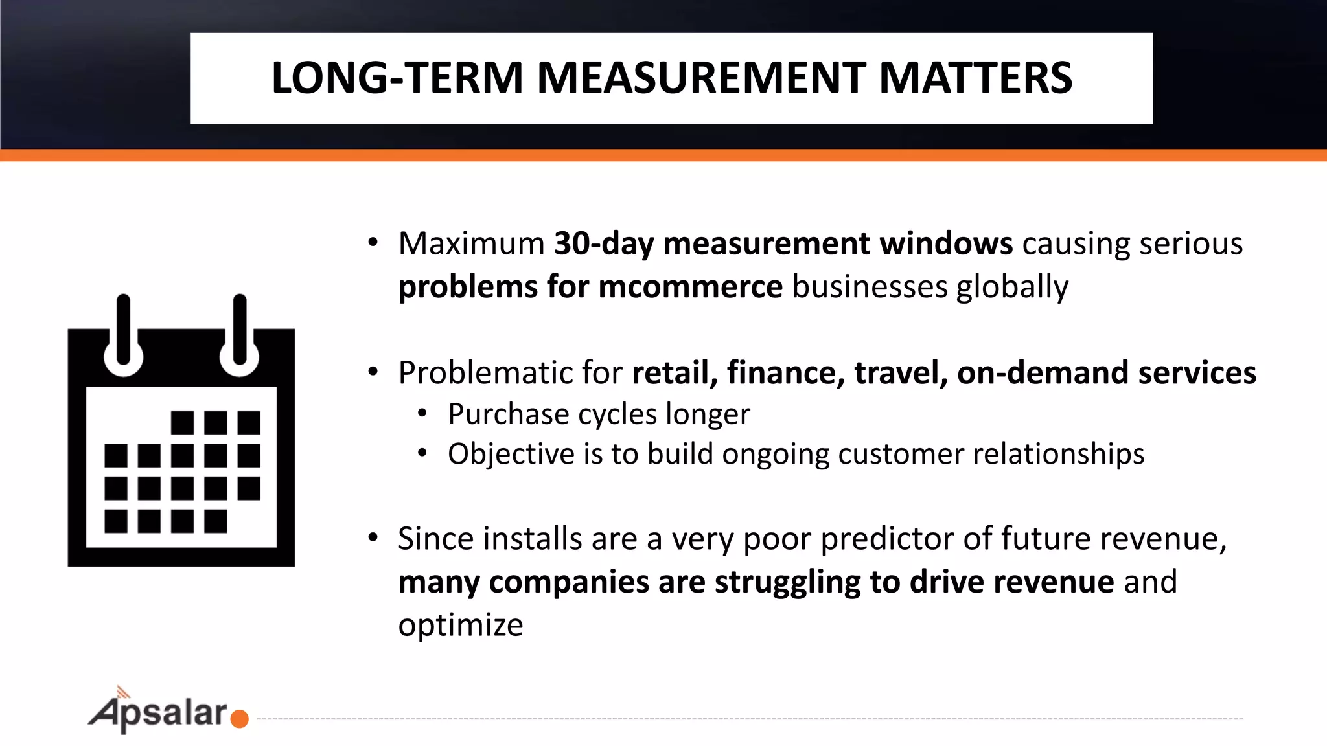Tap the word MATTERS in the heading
(x=975, y=78)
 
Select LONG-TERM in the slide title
(x=397, y=78)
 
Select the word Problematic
(x=484, y=373)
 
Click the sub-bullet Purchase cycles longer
(x=599, y=414)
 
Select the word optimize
(x=460, y=625)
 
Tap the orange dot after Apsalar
(x=239, y=719)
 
